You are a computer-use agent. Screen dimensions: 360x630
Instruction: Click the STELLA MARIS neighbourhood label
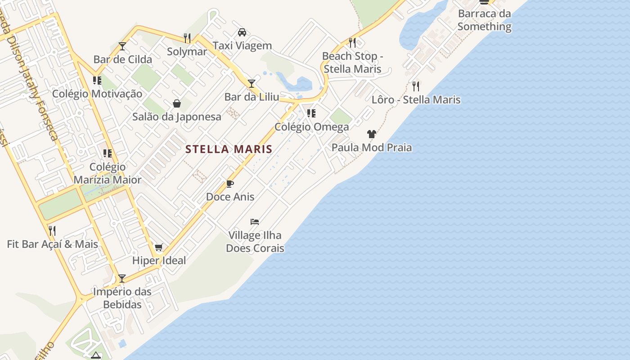229,149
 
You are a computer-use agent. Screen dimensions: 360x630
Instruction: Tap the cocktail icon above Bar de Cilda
122,46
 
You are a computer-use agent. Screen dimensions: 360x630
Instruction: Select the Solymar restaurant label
187,51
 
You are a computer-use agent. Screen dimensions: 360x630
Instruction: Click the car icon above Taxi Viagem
242,32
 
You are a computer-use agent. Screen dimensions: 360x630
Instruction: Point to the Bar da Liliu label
252,97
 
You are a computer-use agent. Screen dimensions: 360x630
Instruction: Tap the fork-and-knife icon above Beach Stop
352,43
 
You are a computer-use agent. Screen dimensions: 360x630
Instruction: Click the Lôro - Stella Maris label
416,99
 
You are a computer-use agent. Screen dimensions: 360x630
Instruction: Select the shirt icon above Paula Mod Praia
372,134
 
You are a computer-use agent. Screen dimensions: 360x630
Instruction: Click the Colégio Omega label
311,127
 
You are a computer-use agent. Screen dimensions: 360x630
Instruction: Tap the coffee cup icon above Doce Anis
230,184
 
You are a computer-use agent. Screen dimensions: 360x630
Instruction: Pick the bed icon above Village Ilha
255,222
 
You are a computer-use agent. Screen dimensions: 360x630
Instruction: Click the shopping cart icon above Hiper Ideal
158,247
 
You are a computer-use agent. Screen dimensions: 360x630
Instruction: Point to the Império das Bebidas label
122,298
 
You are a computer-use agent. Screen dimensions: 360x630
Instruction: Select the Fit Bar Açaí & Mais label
52,244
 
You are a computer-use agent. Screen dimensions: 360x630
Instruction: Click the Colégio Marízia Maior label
108,173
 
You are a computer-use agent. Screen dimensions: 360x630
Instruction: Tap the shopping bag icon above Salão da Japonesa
177,103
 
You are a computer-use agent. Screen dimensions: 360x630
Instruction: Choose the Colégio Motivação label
97,94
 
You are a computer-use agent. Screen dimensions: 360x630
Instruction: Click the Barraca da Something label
484,20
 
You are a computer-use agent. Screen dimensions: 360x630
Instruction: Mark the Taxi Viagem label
242,45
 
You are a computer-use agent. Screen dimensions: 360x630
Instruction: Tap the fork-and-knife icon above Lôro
416,86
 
